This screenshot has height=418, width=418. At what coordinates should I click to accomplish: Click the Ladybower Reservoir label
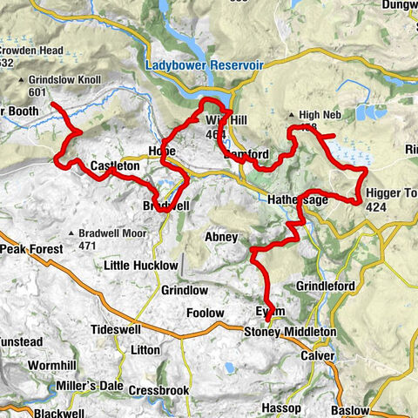pos(205,65)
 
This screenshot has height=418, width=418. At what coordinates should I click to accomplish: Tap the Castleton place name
pos(115,165)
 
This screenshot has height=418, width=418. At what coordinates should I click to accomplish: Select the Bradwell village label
pos(163,206)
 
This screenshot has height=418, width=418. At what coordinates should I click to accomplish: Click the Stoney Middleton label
pos(288,333)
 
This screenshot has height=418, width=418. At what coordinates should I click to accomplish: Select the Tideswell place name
pos(118,330)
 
